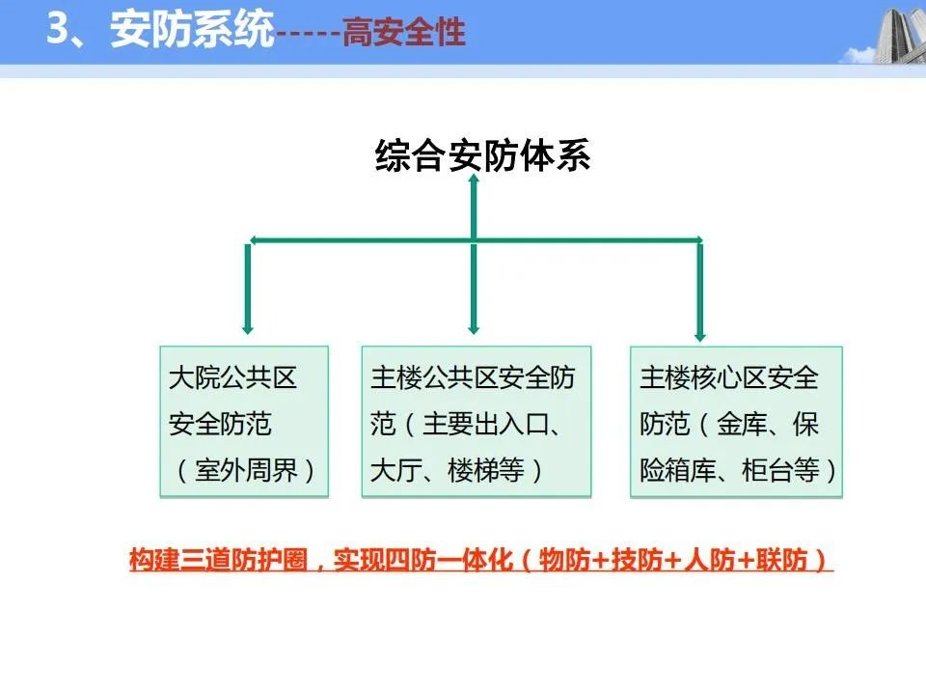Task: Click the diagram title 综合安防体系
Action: pyautogui.click(x=482, y=155)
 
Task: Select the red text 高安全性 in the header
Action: pyautogui.click(x=404, y=31)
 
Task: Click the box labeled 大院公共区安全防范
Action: pyautogui.click(x=244, y=422)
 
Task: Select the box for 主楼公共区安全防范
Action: pyautogui.click(x=476, y=422)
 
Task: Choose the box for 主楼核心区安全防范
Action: pyautogui.click(x=736, y=422)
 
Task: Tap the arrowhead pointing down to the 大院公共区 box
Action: pyautogui.click(x=248, y=328)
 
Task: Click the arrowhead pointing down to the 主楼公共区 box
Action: pyautogui.click(x=473, y=328)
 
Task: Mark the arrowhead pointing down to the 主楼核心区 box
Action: pyautogui.click(x=700, y=335)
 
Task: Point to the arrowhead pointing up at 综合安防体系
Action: pyautogui.click(x=473, y=181)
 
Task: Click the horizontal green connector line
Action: pyautogui.click(x=476, y=240)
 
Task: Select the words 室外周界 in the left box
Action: pyautogui.click(x=246, y=470)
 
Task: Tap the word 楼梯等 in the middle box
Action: pyautogui.click(x=485, y=470)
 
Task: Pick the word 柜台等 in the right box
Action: pyautogui.click(x=780, y=470)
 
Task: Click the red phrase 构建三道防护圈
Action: pyautogui.click(x=219, y=559)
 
